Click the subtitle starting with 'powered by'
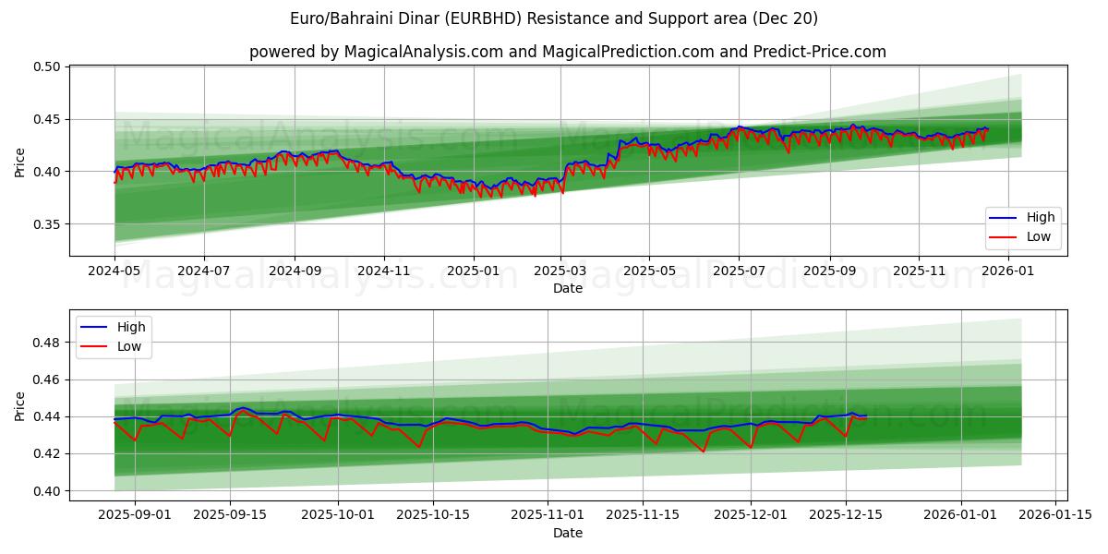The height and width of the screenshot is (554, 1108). click(567, 52)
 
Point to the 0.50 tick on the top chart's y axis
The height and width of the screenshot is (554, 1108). click(46, 67)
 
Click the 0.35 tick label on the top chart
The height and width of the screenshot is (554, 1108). click(46, 224)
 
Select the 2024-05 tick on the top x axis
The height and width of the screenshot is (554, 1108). click(114, 271)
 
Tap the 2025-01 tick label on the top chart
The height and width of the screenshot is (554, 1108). click(473, 271)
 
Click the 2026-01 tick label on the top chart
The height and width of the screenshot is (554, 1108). click(1008, 271)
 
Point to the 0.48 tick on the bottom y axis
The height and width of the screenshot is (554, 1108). click(46, 343)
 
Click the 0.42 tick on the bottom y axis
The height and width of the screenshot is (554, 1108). click(46, 454)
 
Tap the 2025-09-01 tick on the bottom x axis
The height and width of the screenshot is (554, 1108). click(135, 515)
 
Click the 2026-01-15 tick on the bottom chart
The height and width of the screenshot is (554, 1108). click(1056, 515)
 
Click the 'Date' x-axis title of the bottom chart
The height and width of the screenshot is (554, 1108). click(567, 533)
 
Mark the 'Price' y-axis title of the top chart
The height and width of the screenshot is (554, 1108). click(20, 162)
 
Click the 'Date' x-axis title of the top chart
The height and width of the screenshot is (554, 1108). click(567, 288)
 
